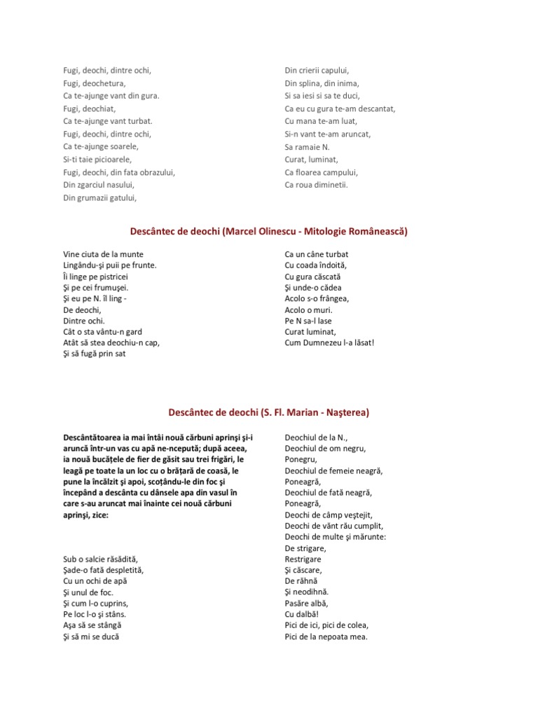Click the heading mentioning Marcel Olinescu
pos(269,230)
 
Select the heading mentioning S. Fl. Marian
pos(269,412)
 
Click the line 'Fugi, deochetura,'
pos(94,83)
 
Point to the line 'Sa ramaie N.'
pos(307,146)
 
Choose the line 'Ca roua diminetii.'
pos(316,185)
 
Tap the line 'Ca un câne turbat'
pos(317,254)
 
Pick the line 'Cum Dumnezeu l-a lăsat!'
pos(330,342)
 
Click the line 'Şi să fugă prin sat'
pos(99,354)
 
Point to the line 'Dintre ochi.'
pos(85,321)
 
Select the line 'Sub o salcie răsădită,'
pos(101,558)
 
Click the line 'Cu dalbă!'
pos(301,614)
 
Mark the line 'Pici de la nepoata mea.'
pos(326,637)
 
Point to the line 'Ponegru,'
pos(301,459)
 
